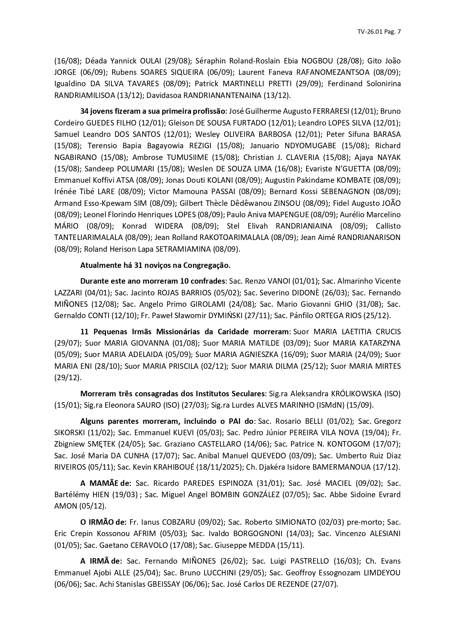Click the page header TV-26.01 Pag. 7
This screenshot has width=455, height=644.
coord(379,32)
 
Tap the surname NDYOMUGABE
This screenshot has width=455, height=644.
coord(305,146)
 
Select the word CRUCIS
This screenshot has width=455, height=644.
coord(388,332)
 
